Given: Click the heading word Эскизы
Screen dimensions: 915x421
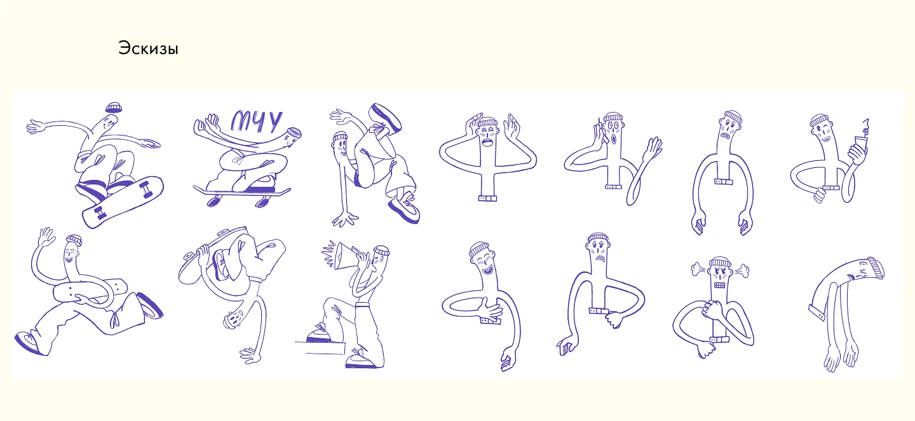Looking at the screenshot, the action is pyautogui.click(x=148, y=48).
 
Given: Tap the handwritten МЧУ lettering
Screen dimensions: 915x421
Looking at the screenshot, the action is pyautogui.click(x=256, y=121).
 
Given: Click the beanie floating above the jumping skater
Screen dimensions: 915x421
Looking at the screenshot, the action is pyautogui.click(x=114, y=107).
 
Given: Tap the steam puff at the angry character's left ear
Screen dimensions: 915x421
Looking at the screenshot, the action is pyautogui.click(x=699, y=268).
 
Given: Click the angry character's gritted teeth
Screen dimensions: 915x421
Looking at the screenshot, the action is pyautogui.click(x=719, y=285).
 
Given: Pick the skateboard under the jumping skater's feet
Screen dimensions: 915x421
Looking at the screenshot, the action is pyautogui.click(x=123, y=202).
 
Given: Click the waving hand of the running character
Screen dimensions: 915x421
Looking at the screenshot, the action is pyautogui.click(x=46, y=237).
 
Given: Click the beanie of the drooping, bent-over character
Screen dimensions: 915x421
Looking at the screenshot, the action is pyautogui.click(x=876, y=269).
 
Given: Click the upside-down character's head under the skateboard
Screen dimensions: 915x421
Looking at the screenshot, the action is pyautogui.click(x=234, y=319).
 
